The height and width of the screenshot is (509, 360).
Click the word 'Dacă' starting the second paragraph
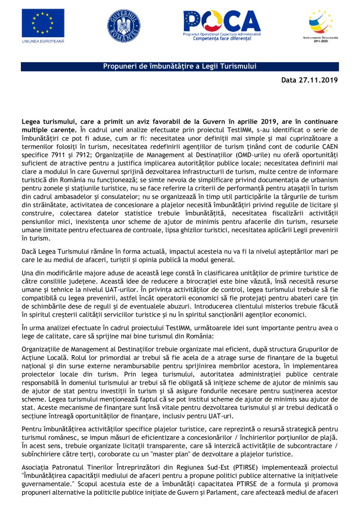[x=30, y=251]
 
